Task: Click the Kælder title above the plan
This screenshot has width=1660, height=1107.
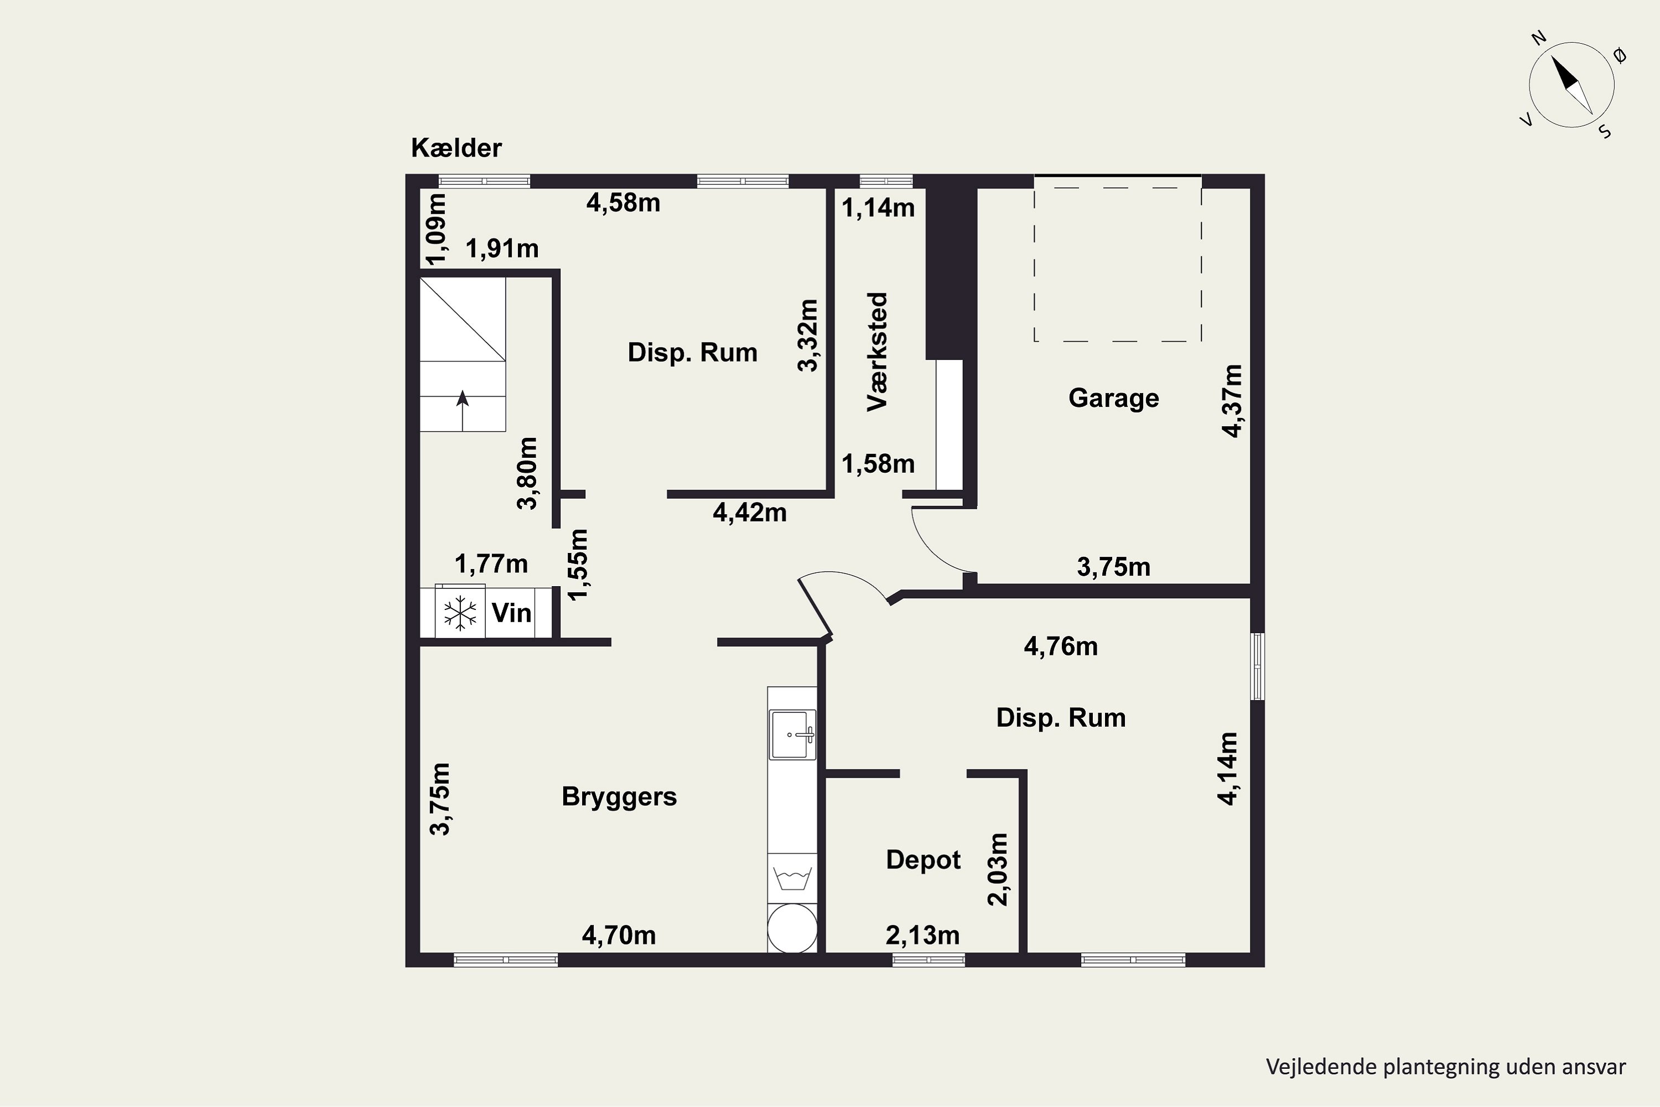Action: pyautogui.click(x=456, y=148)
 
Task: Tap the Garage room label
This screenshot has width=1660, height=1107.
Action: pyautogui.click(x=1114, y=398)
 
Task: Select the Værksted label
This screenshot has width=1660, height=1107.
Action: pyautogui.click(x=877, y=351)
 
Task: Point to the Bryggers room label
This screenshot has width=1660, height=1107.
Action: pyautogui.click(x=619, y=797)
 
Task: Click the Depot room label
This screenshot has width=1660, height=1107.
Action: pyautogui.click(x=923, y=860)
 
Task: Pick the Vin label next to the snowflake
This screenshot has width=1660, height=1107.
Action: pyautogui.click(x=511, y=613)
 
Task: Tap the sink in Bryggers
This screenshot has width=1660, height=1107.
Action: pyautogui.click(x=792, y=734)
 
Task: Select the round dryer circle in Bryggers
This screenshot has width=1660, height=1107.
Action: pyautogui.click(x=792, y=928)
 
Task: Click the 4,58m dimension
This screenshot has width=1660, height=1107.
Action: pyautogui.click(x=623, y=203)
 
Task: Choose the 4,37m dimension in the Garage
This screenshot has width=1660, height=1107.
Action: pyautogui.click(x=1232, y=401)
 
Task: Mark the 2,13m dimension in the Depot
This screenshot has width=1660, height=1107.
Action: pyautogui.click(x=922, y=935)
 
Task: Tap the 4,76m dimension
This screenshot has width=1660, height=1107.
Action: pyautogui.click(x=1061, y=646)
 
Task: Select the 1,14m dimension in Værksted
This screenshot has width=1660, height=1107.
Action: pyautogui.click(x=878, y=208)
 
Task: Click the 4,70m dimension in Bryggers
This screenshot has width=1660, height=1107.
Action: pyautogui.click(x=619, y=935)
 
